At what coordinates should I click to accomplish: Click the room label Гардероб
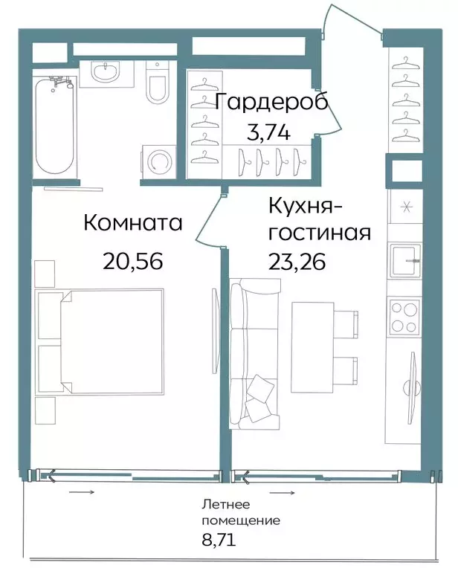click(x=271, y=101)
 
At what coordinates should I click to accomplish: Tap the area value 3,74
click(x=268, y=132)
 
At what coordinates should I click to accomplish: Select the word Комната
click(x=133, y=222)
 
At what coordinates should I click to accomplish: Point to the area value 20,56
click(x=132, y=261)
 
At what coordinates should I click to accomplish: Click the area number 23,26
click(x=297, y=262)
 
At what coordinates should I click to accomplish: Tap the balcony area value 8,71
click(x=219, y=539)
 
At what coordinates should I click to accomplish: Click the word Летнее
click(x=226, y=504)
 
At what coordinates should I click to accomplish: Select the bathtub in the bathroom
click(x=55, y=126)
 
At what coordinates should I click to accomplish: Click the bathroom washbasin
click(x=106, y=72)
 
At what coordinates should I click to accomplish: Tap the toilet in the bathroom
click(x=158, y=83)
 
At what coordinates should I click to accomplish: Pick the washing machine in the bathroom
click(x=158, y=161)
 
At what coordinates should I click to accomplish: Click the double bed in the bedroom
click(x=100, y=341)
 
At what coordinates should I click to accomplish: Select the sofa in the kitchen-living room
click(x=254, y=354)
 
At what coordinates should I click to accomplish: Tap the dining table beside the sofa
click(x=313, y=343)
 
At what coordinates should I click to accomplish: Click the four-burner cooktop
click(x=404, y=317)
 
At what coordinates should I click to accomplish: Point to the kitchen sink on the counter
click(x=405, y=260)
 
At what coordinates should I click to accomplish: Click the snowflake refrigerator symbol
click(x=406, y=207)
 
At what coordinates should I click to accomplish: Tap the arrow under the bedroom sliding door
click(x=82, y=492)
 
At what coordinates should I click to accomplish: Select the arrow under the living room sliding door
click(x=282, y=493)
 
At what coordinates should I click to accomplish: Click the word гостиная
click(x=320, y=233)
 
